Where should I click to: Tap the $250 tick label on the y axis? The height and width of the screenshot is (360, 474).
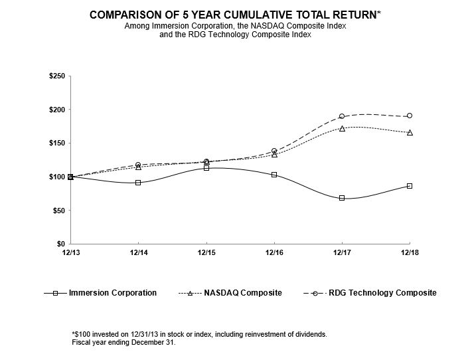56,76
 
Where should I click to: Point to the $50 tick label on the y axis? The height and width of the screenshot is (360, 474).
58,211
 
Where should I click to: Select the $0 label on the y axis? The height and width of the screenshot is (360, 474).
60,244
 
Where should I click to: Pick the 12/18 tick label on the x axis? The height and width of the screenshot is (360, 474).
410,253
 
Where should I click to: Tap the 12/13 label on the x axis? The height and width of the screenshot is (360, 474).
70,253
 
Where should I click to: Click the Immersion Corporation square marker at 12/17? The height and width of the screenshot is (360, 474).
342,198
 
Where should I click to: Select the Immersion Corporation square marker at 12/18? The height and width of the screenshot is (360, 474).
410,186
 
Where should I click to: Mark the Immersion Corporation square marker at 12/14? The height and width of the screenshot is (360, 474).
138,182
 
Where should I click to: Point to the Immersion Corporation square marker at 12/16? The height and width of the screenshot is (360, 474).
274,175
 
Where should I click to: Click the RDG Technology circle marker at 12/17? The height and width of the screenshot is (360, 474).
342,116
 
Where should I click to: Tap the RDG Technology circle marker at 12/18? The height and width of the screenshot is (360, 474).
410,116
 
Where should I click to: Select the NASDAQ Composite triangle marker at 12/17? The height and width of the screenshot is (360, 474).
342,128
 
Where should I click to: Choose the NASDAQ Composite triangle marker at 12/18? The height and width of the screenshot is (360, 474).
410,132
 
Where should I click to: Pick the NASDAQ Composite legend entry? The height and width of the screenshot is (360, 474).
230,292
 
